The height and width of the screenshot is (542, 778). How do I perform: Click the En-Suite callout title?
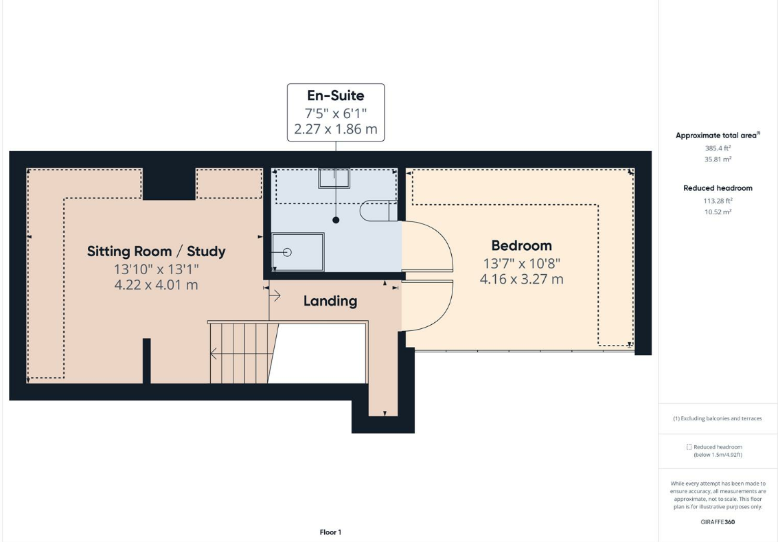point(335,95)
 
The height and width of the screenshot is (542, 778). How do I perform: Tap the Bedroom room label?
point(521,245)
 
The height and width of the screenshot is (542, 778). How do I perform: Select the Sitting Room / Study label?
point(157,251)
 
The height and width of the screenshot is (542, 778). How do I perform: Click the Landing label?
point(330,301)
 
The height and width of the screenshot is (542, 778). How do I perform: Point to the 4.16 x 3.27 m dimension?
point(521,279)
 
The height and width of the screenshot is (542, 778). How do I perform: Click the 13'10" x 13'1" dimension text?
point(157,269)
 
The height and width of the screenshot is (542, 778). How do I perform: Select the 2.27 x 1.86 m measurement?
point(335,129)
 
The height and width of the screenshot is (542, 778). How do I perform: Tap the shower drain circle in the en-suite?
point(287,252)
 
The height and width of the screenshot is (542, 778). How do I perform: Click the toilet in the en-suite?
point(378,210)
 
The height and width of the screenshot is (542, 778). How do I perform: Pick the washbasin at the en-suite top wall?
point(334,178)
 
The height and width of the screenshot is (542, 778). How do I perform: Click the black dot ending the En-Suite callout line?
point(336,220)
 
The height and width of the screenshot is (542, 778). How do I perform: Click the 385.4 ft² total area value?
point(718,148)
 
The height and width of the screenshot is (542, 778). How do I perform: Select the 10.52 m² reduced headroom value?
point(718,212)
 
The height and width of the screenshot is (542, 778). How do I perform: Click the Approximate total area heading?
point(718,135)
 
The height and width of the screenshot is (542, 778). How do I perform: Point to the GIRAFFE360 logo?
point(718,521)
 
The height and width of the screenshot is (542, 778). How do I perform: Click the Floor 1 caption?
point(330,532)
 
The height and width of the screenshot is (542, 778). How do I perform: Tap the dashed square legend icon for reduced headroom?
point(689,447)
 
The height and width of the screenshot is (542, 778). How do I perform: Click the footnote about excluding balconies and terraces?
point(718,418)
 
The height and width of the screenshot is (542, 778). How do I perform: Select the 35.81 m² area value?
point(718,159)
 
